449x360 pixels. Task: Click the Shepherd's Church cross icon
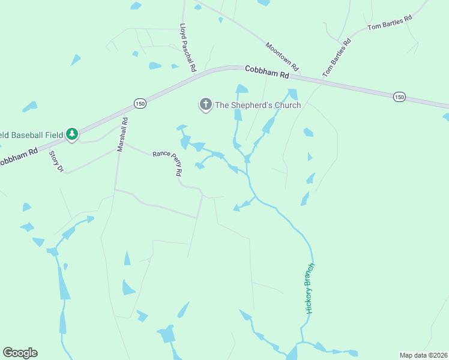point(206,105)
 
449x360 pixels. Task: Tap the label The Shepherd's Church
point(258,105)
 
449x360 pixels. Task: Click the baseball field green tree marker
point(72,134)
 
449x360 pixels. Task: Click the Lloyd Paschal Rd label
point(188,48)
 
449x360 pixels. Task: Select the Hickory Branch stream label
point(310,288)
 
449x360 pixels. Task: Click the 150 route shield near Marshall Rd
point(139,103)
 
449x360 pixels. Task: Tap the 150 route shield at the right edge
point(399,96)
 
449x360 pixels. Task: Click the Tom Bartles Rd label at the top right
point(390,23)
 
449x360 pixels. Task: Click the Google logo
point(20,353)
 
